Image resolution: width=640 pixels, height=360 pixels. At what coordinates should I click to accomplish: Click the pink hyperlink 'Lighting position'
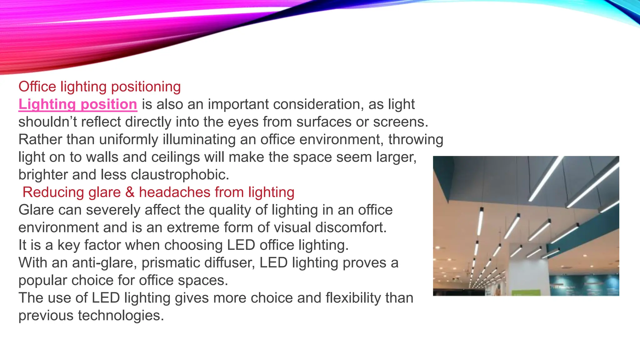tap(78, 104)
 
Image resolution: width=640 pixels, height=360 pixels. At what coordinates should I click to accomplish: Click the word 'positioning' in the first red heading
tap(146, 87)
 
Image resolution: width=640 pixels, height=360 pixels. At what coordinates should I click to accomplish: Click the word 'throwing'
tap(416, 140)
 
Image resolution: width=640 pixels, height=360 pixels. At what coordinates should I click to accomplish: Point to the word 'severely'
tap(113, 210)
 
